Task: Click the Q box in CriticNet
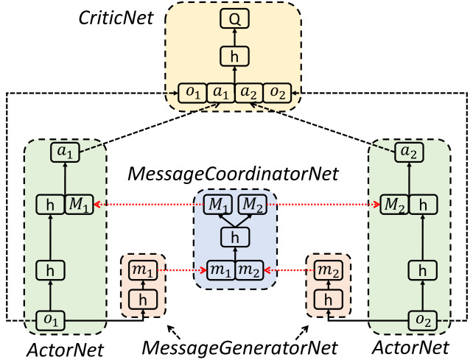pyautogui.click(x=234, y=18)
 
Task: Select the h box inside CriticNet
pyautogui.click(x=234, y=56)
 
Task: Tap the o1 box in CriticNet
pyautogui.click(x=192, y=93)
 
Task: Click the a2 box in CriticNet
pyautogui.click(x=248, y=93)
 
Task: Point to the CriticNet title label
pyautogui.click(x=116, y=18)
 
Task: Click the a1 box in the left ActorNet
pyautogui.click(x=65, y=152)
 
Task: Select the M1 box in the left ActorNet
pyautogui.click(x=79, y=205)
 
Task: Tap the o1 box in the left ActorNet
pyautogui.click(x=50, y=320)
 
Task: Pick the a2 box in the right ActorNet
pyautogui.click(x=409, y=152)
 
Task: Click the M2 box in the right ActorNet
pyautogui.click(x=394, y=205)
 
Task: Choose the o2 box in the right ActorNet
pyautogui.click(x=423, y=320)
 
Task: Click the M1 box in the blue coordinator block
pyautogui.click(x=218, y=205)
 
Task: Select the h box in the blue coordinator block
pyautogui.click(x=235, y=237)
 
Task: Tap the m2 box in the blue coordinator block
pyautogui.click(x=249, y=270)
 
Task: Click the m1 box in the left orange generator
pyautogui.click(x=143, y=269)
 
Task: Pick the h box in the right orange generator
pyautogui.click(x=328, y=300)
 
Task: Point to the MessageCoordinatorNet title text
pyautogui.click(x=233, y=174)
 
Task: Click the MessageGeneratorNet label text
pyautogui.click(x=239, y=347)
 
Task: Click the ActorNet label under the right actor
pyautogui.click(x=410, y=347)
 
